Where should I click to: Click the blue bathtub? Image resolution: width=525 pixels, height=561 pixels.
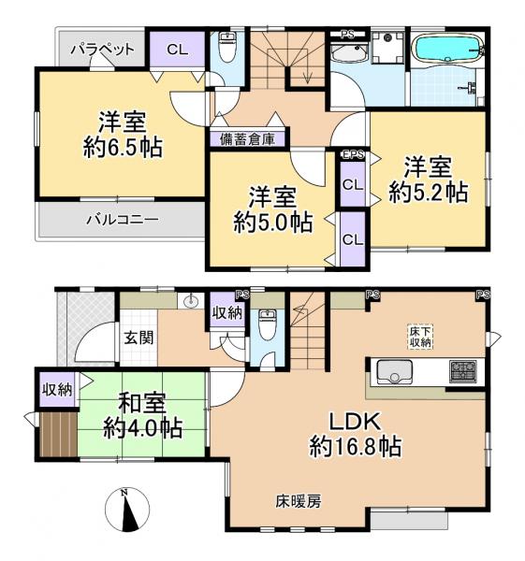pyautogui.click(x=447, y=49)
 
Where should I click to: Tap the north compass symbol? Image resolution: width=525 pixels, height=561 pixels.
pyautogui.click(x=127, y=510)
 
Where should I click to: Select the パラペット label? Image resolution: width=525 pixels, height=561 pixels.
pyautogui.click(x=102, y=50)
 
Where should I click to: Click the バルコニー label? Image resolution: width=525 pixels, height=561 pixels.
pyautogui.click(x=123, y=220)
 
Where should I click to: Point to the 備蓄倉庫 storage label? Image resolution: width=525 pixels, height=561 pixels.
pyautogui.click(x=247, y=139)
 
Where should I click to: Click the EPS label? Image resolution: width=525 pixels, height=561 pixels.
pyautogui.click(x=353, y=155)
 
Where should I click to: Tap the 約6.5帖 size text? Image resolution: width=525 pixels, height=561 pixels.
pyautogui.click(x=123, y=148)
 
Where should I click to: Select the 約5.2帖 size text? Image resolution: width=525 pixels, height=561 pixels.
pyautogui.click(x=429, y=193)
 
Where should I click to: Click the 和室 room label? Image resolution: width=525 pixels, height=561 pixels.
pyautogui.click(x=142, y=403)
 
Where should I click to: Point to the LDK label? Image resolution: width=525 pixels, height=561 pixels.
pyautogui.click(x=355, y=422)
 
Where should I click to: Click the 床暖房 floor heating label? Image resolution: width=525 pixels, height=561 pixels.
pyautogui.click(x=299, y=502)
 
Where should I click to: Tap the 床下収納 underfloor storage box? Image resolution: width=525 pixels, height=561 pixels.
pyautogui.click(x=420, y=336)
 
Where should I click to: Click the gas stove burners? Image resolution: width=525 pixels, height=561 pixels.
pyautogui.click(x=463, y=371)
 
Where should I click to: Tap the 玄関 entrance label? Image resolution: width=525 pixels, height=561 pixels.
pyautogui.click(x=139, y=338)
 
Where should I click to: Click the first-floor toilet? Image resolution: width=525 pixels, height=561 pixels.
pyautogui.click(x=267, y=324)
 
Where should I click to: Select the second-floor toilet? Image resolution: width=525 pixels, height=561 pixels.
pyautogui.click(x=226, y=47)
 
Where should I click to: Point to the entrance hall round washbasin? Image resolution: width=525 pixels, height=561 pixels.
pyautogui.click(x=191, y=301)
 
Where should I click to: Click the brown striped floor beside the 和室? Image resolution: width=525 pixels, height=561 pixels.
pyautogui.click(x=58, y=435)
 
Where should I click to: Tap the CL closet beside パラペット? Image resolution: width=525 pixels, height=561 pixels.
pyautogui.click(x=177, y=50)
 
